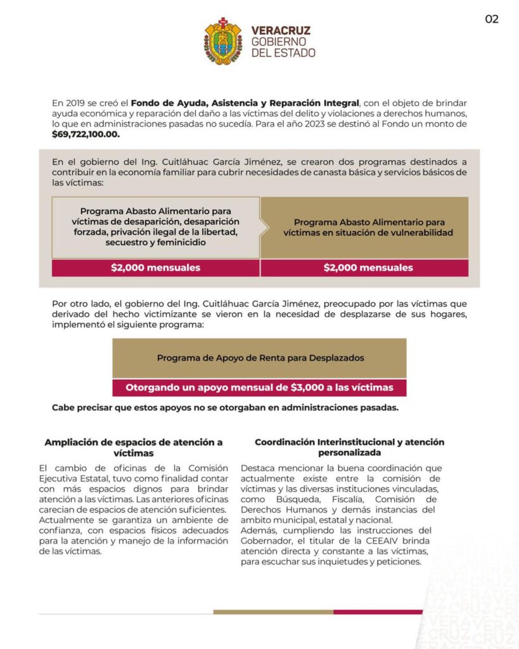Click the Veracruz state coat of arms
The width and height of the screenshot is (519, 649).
(x=223, y=41)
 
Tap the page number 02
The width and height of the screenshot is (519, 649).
(x=492, y=19)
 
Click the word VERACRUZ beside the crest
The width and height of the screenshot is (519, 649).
(x=281, y=30)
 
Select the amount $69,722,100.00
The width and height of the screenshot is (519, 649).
(x=86, y=134)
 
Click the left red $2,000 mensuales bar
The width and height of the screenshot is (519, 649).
(x=155, y=267)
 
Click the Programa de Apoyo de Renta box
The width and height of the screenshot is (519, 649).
(x=260, y=358)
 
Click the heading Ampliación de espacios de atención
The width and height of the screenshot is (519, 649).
(x=133, y=447)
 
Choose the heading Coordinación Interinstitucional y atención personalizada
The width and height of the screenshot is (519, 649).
(x=349, y=447)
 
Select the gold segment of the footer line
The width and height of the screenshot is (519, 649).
(x=273, y=612)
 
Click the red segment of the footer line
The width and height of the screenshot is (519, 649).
(x=378, y=612)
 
